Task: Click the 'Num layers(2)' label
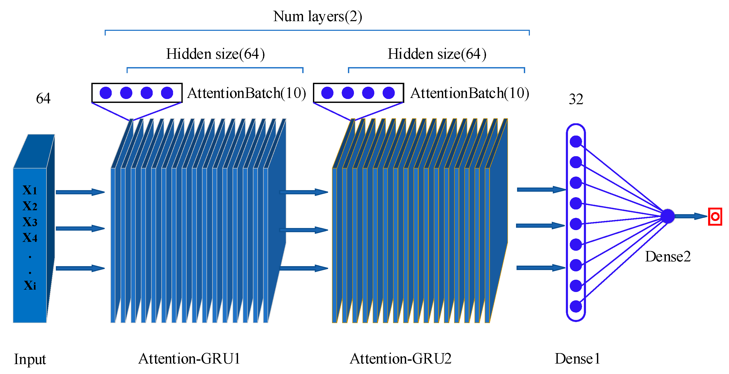318,16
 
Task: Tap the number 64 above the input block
43,98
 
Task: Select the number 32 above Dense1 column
576,99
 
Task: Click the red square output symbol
715,217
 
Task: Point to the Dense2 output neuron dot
668,216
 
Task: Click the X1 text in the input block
30,190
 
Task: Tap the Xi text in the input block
30,285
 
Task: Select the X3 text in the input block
30,222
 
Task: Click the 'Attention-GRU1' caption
189,359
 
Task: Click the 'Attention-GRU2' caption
400,359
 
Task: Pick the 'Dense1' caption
577,359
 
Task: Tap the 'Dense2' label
668,256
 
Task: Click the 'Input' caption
30,359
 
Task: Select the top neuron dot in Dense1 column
576,142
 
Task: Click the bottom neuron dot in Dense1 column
576,306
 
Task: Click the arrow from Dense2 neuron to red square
691,216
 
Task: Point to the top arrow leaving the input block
80,192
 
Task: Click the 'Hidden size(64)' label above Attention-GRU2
437,54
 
